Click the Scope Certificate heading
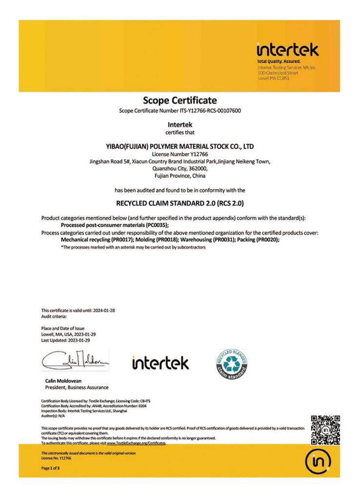(180, 101)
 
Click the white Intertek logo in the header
(287, 50)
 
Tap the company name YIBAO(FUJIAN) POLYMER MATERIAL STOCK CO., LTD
(180, 146)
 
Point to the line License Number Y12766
(180, 154)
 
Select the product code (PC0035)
(158, 225)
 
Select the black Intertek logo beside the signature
(160, 363)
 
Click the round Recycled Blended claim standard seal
(232, 364)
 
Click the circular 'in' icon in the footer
(318, 460)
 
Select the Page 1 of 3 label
(51, 468)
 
